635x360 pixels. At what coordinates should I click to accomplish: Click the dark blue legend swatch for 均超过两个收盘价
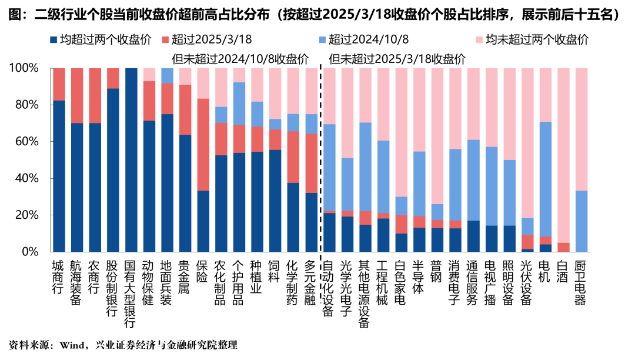54,40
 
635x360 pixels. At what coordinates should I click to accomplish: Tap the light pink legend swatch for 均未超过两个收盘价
479,40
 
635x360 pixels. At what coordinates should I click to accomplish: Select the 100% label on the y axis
24,68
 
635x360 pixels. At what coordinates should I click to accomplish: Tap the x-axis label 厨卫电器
581,282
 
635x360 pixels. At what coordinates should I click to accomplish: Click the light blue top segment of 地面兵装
168,75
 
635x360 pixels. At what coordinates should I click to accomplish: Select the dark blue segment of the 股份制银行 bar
113,170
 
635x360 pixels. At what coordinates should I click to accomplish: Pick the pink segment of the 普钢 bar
437,136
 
